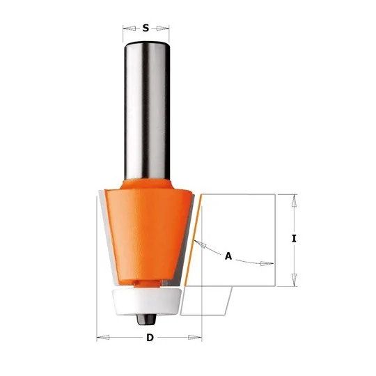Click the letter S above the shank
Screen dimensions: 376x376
[x=146, y=28]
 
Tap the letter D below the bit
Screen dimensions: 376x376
[x=150, y=338]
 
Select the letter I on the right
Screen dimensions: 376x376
[x=294, y=239]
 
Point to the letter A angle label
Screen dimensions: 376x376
[x=228, y=256]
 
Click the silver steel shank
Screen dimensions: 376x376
[x=147, y=110]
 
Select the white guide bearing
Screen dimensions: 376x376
[x=146, y=301]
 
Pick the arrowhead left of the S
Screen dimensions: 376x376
[x=129, y=29]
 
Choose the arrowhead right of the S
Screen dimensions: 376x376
[x=163, y=29]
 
